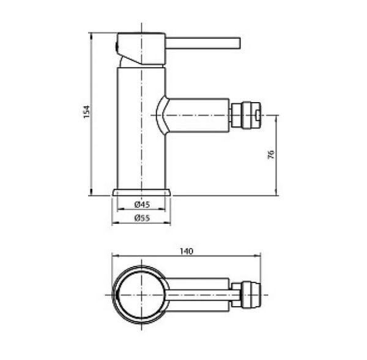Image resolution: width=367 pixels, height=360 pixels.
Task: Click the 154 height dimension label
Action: [87, 112]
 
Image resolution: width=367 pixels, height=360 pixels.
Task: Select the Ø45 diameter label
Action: [142, 205]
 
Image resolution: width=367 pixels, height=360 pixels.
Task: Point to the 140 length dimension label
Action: [187, 251]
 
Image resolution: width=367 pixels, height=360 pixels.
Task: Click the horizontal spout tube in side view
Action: [199, 115]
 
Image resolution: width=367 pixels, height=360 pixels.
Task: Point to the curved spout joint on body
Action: [161, 114]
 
